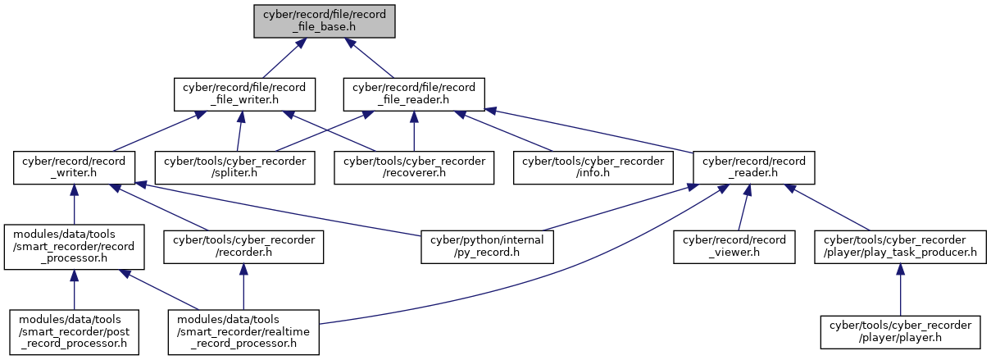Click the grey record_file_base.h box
325,21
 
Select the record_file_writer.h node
244,94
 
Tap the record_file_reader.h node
414,94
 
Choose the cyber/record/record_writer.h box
74,168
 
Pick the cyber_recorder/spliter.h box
235,168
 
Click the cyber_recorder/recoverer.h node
414,168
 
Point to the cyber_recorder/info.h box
593,168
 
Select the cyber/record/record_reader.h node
754,168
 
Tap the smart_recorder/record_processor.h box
74,247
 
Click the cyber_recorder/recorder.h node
243,247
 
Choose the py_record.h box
487,247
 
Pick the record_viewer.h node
734,247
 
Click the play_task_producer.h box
900,247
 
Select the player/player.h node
900,332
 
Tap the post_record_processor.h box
74,332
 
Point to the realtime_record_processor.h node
243,332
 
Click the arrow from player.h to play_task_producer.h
900,289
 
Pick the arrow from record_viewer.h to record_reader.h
743,207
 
